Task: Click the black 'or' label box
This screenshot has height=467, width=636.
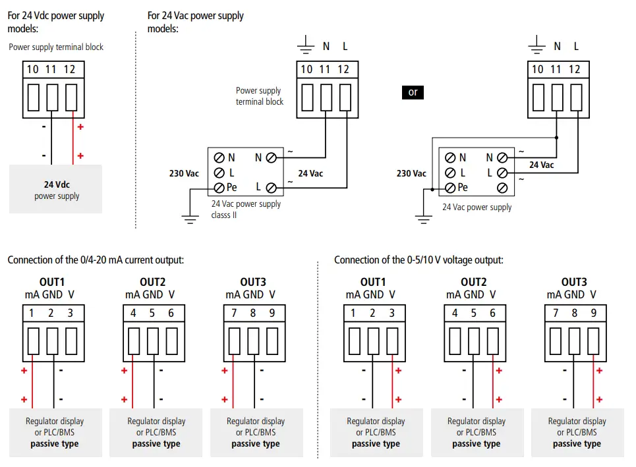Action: (x=413, y=92)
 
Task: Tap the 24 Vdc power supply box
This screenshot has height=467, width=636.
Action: (x=56, y=189)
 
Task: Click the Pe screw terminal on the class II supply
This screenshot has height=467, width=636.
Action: (x=219, y=188)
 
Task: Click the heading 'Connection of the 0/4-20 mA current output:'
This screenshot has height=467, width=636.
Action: (x=96, y=260)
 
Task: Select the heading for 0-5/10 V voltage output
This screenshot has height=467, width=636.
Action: (x=419, y=260)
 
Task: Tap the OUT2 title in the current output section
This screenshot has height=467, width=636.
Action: (x=152, y=283)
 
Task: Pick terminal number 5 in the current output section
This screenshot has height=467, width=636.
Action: (x=152, y=314)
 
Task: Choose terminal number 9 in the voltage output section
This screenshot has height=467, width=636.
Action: (x=593, y=314)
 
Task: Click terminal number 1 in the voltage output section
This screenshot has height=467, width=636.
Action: (x=353, y=314)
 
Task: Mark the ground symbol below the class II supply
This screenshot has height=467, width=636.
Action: (x=190, y=219)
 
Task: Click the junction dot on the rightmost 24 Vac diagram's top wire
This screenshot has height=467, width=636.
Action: (x=556, y=138)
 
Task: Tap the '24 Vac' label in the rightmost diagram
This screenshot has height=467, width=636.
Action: (x=542, y=165)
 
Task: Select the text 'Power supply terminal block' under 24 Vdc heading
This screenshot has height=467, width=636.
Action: (x=56, y=47)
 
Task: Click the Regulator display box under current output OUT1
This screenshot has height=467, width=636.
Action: (x=55, y=432)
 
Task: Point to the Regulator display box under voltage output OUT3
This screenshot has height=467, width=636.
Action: (x=577, y=432)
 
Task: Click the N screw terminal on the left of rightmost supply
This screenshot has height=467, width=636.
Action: (x=450, y=158)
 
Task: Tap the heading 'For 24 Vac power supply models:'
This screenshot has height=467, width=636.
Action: (x=195, y=22)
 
